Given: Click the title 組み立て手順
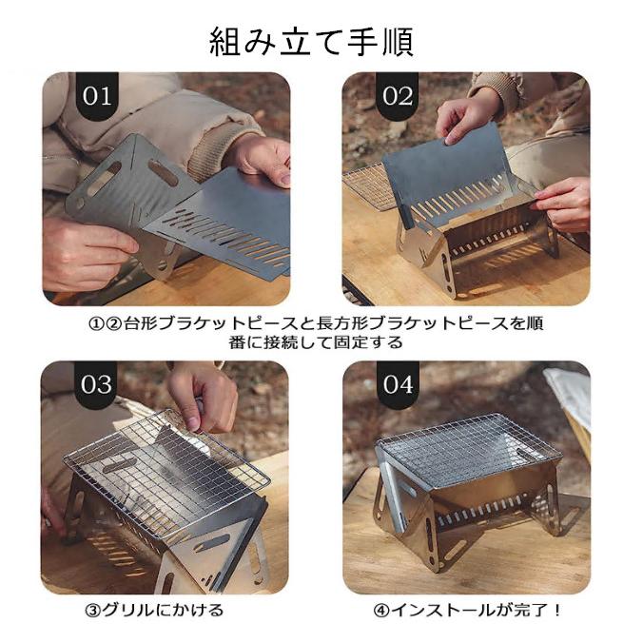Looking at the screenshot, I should point(311,43).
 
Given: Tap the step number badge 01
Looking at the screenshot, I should point(97,96).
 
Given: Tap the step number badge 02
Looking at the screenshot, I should point(398,96).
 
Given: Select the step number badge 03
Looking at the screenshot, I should point(95,385).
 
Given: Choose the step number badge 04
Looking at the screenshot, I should point(399,385).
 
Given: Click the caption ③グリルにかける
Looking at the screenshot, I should point(155,610).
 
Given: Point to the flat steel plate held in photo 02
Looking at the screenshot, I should point(447,171).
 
